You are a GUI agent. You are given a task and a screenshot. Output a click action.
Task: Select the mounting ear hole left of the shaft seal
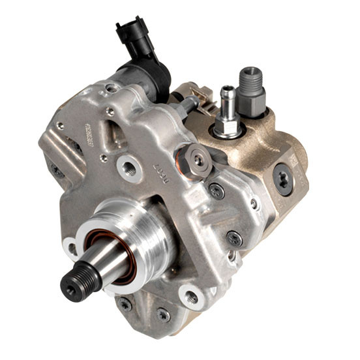69,245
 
